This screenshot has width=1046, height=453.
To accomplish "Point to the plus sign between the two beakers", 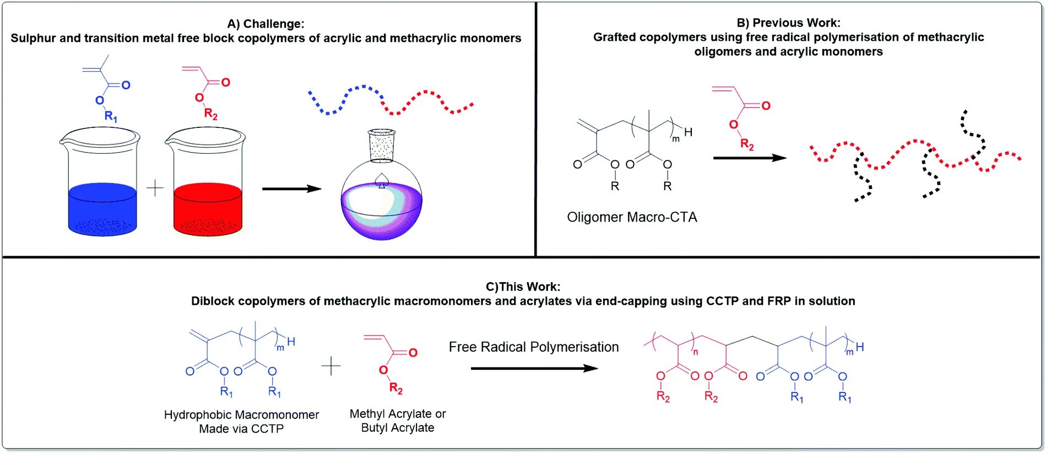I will click(x=155, y=188).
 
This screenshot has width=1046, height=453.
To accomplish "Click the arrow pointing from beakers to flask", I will click(x=291, y=189).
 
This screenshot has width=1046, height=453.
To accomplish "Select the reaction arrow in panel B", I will click(x=749, y=158).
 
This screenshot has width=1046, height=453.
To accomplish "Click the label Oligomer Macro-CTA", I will click(x=632, y=217).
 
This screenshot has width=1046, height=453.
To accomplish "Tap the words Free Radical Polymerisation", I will click(x=533, y=347).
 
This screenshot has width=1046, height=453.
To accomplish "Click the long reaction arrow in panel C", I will click(x=534, y=368).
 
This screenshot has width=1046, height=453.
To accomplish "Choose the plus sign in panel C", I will click(x=331, y=366).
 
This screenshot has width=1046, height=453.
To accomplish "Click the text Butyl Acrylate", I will click(x=397, y=428).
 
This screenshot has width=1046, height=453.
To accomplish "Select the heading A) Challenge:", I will click(x=265, y=24).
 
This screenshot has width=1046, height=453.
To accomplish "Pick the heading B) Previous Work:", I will click(x=788, y=23).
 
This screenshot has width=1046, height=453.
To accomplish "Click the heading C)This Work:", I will click(x=523, y=287).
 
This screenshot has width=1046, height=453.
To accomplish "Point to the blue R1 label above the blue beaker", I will click(x=111, y=116).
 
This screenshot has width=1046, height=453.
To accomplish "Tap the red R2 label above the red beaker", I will click(x=210, y=114).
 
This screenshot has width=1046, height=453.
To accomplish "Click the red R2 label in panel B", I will click(x=747, y=144).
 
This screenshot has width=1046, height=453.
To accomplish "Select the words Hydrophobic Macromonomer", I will click(x=241, y=415).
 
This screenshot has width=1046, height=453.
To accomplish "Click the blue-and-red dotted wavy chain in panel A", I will click(x=390, y=100).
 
